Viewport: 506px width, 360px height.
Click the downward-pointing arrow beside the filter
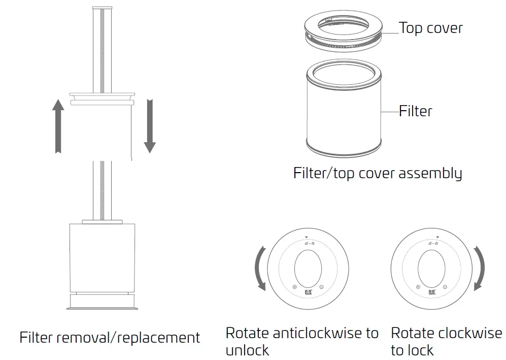click(149, 126)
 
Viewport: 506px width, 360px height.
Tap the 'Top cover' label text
click(430, 27)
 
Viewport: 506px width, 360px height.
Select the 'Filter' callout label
click(415, 111)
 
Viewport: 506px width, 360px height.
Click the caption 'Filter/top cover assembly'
click(377, 173)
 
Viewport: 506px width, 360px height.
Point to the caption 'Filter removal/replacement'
click(110, 338)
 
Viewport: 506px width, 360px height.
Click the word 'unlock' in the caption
click(247, 350)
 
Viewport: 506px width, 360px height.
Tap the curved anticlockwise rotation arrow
click(260, 268)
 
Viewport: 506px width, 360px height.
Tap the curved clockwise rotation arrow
click(479, 268)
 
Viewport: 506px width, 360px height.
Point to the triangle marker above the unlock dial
click(307, 238)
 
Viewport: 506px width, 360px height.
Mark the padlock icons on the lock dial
click(431, 244)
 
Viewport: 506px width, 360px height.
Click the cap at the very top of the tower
click(102, 9)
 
